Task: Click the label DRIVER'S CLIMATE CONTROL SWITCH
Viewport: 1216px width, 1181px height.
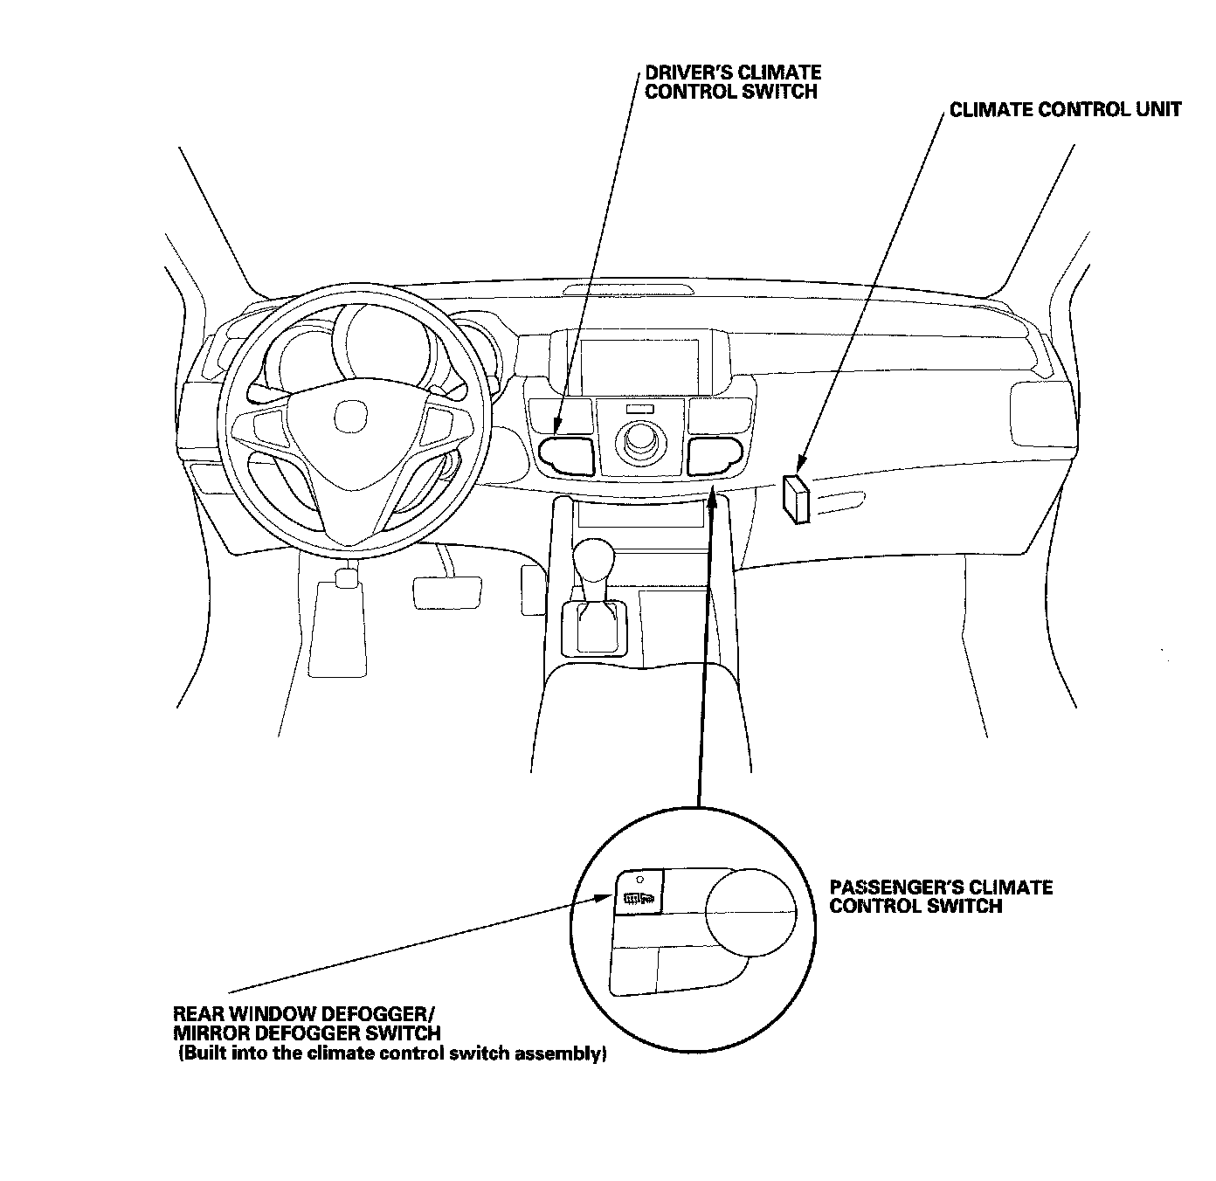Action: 732,82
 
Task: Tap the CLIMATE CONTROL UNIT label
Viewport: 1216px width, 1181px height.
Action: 1065,110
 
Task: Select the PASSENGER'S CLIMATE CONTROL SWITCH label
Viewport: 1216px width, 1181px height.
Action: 941,896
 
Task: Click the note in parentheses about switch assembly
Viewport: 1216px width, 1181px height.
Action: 392,1054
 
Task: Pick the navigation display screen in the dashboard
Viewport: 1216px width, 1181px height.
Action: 640,364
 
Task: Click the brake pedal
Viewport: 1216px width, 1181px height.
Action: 446,591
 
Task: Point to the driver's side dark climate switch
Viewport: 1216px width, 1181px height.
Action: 567,455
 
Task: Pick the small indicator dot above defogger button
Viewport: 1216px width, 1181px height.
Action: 640,879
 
